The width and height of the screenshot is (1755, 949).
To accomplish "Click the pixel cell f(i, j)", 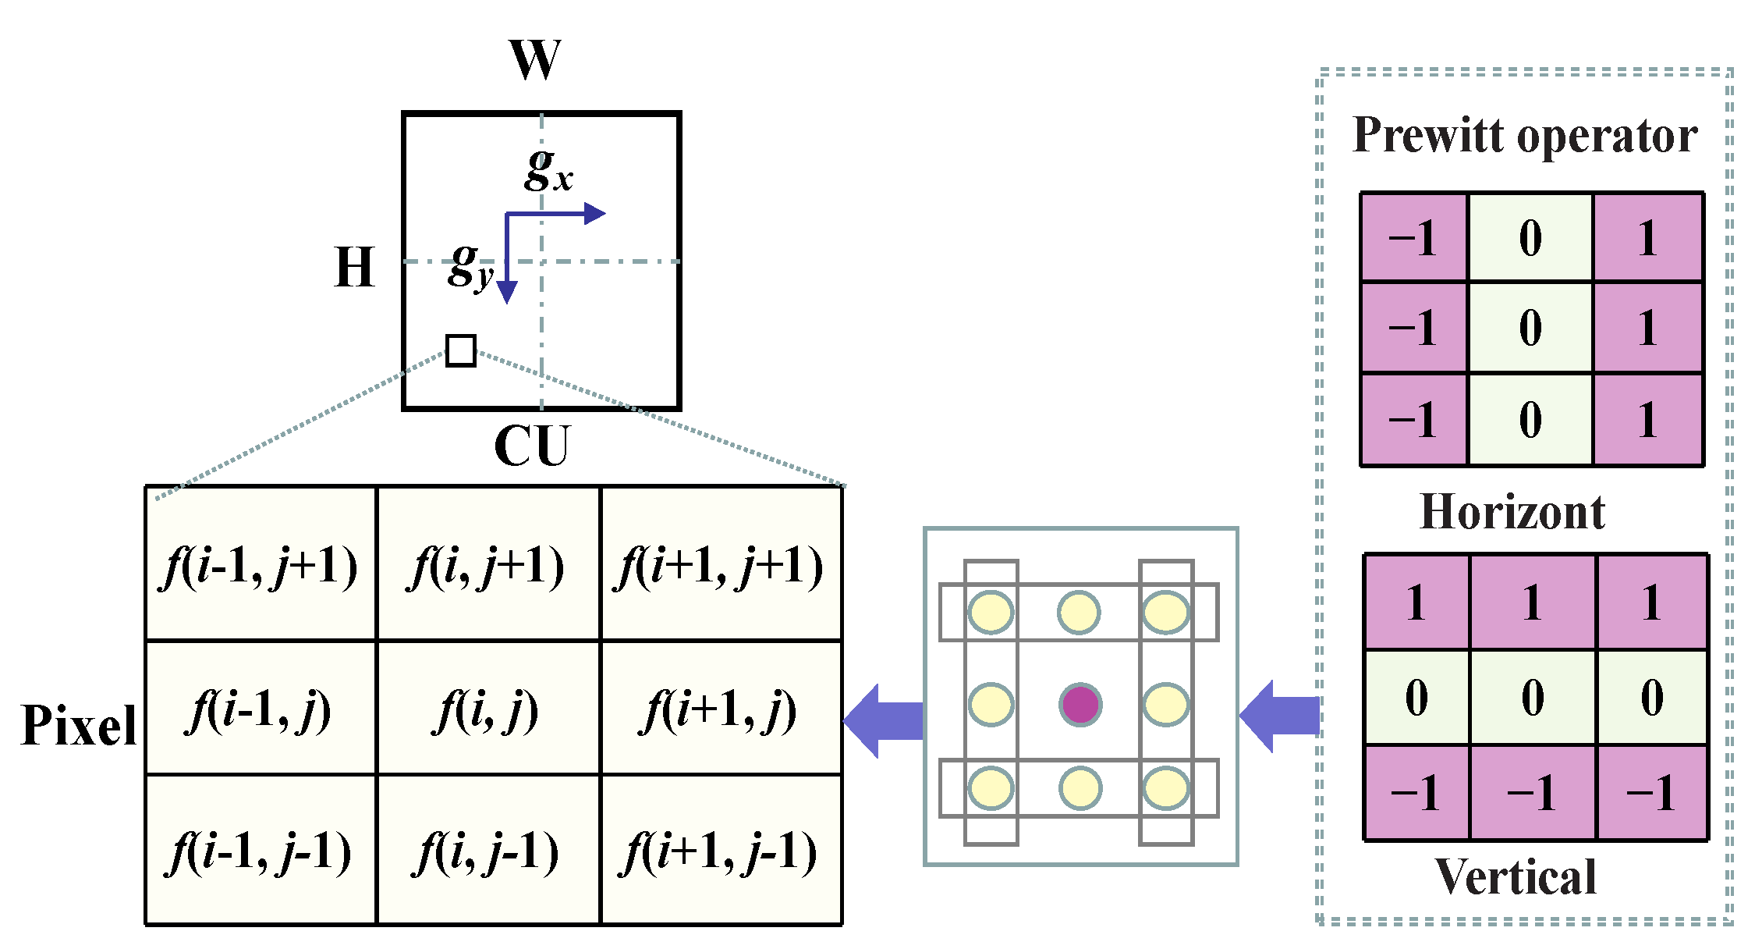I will point(487,709).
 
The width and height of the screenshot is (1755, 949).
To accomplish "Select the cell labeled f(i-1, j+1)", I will point(261,563).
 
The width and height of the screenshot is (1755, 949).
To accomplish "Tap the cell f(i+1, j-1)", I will point(721,850).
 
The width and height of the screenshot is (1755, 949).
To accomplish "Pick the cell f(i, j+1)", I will point(487,563).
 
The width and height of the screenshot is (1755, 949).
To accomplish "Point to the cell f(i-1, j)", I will point(261,709).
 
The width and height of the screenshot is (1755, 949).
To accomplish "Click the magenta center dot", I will point(1080,705).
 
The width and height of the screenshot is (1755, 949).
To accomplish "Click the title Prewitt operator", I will point(1524,135).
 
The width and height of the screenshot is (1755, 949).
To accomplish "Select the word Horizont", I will point(1512,512).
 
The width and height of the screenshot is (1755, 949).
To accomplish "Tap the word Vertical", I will point(1515,876).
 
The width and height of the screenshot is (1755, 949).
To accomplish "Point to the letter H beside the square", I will point(354,267).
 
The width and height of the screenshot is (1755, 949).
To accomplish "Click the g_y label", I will point(470,265).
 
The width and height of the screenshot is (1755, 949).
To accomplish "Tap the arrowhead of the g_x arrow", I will point(594,213).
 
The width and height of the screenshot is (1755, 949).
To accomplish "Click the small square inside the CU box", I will point(460,350).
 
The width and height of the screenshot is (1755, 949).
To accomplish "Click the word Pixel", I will point(78,725).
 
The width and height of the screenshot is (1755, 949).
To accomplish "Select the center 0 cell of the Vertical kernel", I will point(1533,697).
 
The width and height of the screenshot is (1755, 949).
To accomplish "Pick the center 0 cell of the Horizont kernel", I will point(1530,327).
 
